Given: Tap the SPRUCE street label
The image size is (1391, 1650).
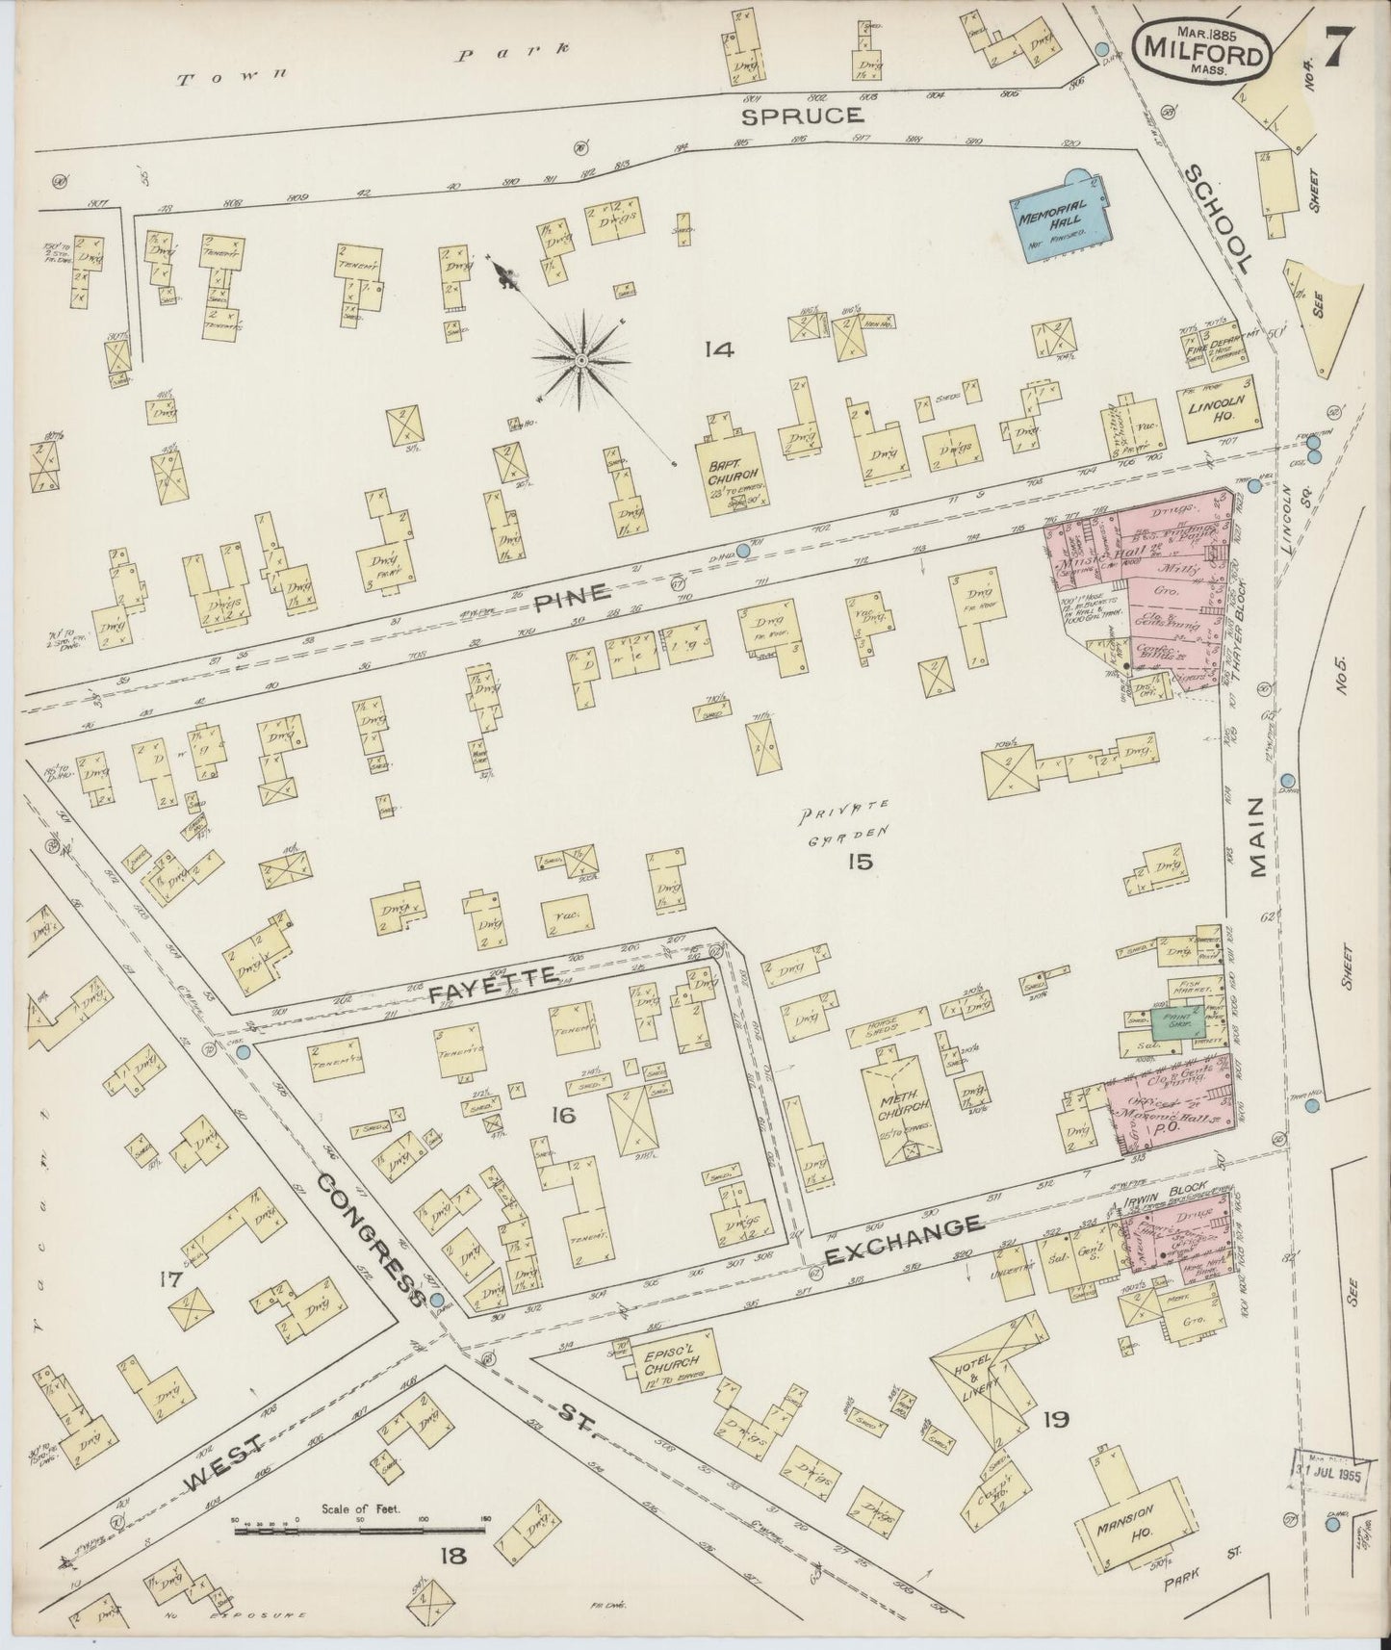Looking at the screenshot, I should point(801,116).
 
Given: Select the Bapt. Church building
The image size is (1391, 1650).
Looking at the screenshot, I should point(736,473).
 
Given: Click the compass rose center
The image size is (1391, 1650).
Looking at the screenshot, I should point(581,359).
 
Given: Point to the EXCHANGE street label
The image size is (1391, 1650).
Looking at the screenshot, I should point(904,1228).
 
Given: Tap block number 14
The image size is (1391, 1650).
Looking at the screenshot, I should point(718,348).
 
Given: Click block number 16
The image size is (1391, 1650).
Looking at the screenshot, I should point(562,1116).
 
